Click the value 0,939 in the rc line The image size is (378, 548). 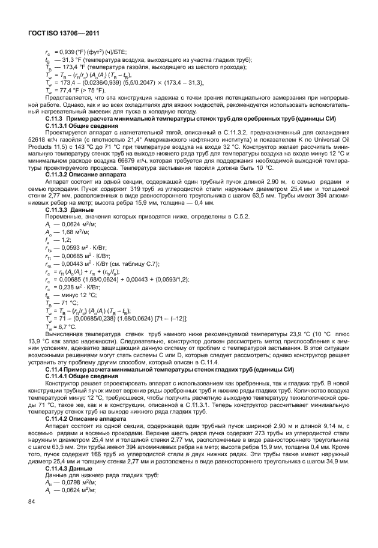point(64,52)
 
